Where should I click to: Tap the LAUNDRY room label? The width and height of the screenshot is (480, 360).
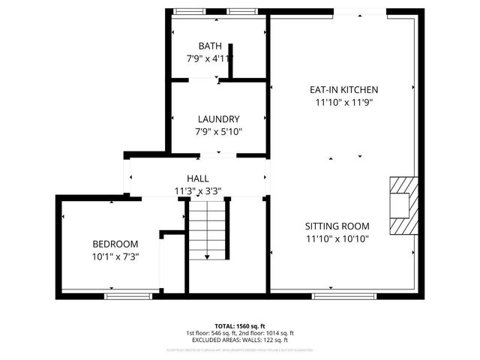point(218,119)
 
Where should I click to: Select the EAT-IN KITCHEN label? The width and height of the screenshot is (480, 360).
point(343,89)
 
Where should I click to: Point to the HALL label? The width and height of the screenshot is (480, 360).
point(198,178)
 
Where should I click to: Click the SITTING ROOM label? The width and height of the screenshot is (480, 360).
point(337,226)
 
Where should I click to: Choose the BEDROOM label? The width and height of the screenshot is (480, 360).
point(115,244)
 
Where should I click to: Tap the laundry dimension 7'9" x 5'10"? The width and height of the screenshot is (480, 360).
point(218,132)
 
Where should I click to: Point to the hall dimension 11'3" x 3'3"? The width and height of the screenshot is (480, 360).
point(198,190)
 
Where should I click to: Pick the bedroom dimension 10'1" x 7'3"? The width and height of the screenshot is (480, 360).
point(115,256)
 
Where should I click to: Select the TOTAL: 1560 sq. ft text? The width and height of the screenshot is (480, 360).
point(240,325)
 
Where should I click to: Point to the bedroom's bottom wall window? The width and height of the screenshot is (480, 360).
point(128,295)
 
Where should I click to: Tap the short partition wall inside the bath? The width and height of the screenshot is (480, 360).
point(230,64)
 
